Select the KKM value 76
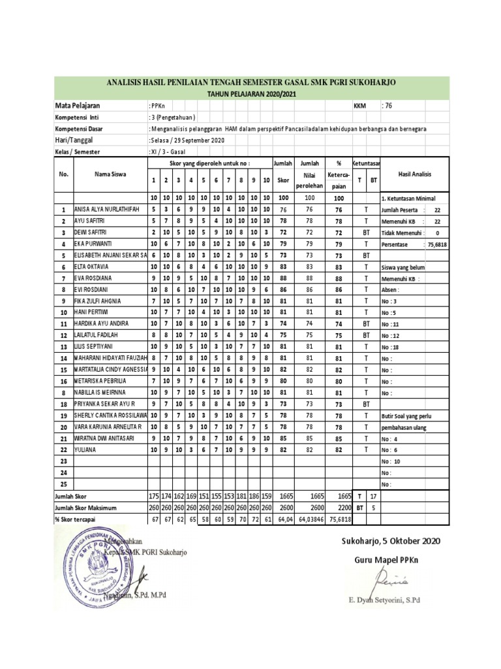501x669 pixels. [x=387, y=106]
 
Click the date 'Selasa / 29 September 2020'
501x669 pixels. [x=188, y=140]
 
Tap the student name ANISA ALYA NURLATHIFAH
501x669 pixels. [x=108, y=210]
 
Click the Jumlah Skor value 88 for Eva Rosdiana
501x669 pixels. [x=283, y=277]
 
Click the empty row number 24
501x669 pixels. [x=64, y=472]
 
